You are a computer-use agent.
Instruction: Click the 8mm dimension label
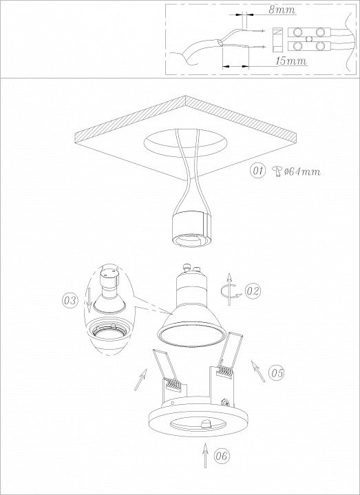pos(282,10)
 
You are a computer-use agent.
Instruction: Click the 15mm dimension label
pos(291,61)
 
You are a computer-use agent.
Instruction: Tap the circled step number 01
pos(258,171)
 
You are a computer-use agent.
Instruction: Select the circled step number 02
pos(253,291)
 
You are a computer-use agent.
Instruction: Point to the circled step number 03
pos(70,300)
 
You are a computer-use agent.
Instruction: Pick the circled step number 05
pos(277,373)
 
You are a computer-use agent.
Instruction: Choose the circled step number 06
pos(222,456)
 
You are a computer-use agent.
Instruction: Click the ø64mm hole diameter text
pos(302,171)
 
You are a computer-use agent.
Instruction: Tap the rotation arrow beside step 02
pos(230,290)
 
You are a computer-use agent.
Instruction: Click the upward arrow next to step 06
pos(205,455)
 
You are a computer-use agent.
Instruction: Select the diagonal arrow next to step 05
pos(258,370)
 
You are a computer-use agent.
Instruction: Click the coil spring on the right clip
pos(224,370)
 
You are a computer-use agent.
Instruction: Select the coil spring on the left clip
pos(172,384)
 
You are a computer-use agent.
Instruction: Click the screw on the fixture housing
pos(225,402)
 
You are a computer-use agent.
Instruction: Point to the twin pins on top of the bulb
pos(191,268)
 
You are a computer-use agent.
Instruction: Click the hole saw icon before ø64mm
pos(277,171)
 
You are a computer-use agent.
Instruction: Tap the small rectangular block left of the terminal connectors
pos(277,40)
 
